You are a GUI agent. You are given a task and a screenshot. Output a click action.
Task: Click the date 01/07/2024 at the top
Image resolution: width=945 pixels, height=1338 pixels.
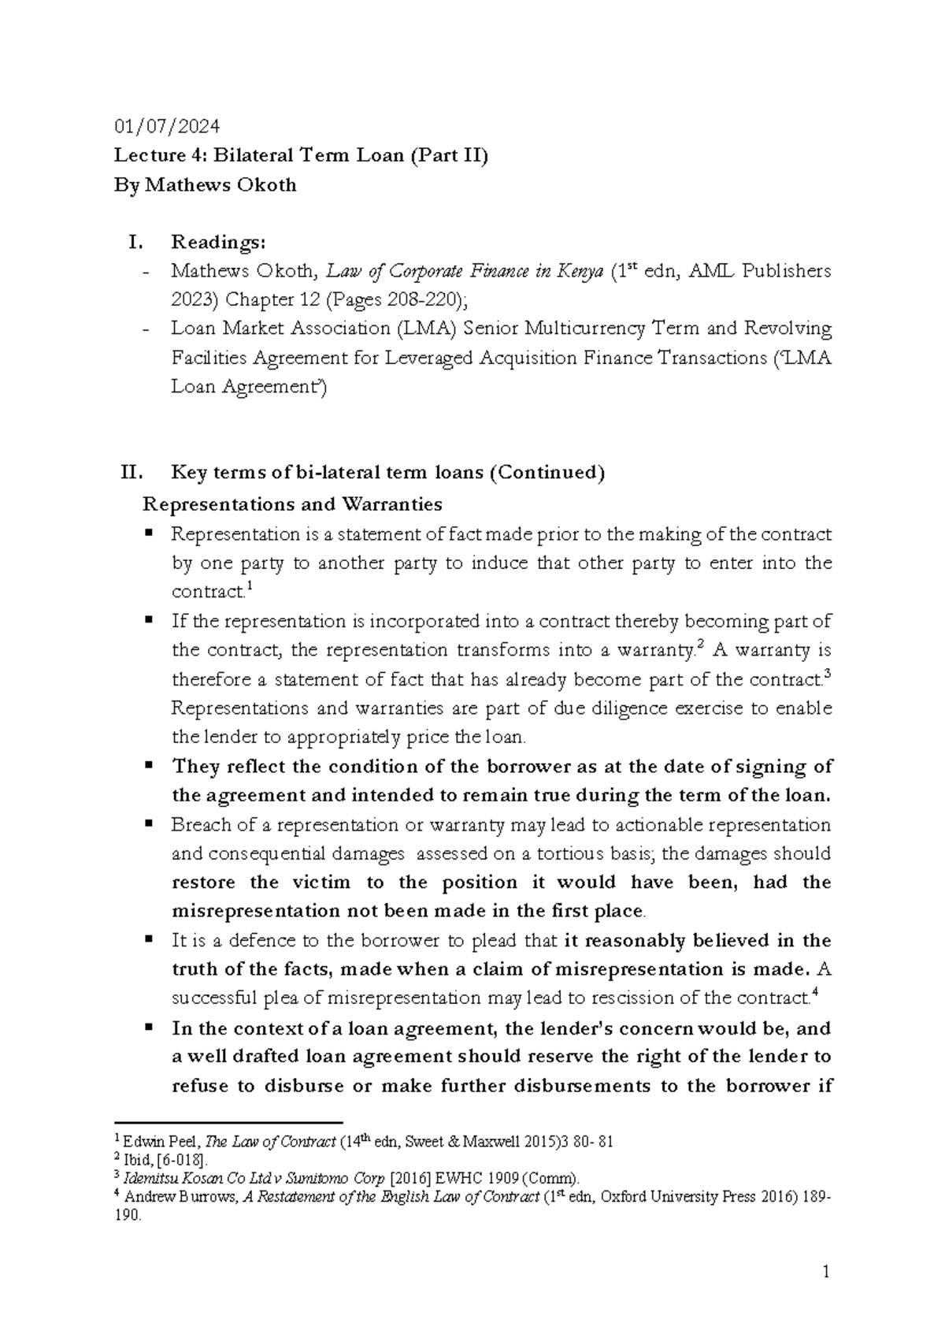(x=167, y=126)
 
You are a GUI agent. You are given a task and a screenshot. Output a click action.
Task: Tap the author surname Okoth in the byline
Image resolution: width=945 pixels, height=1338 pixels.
(x=265, y=185)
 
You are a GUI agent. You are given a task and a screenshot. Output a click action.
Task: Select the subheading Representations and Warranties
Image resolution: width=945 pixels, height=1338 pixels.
(x=291, y=504)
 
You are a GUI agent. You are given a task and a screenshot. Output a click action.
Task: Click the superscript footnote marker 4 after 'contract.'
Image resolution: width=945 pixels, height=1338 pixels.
(x=813, y=994)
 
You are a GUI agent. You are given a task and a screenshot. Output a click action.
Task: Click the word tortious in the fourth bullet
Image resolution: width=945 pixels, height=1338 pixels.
(x=574, y=854)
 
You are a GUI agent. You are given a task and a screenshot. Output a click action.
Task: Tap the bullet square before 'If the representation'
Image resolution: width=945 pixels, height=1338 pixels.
(x=147, y=620)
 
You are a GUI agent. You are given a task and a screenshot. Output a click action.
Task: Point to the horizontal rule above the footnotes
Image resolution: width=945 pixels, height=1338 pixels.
(x=228, y=1121)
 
